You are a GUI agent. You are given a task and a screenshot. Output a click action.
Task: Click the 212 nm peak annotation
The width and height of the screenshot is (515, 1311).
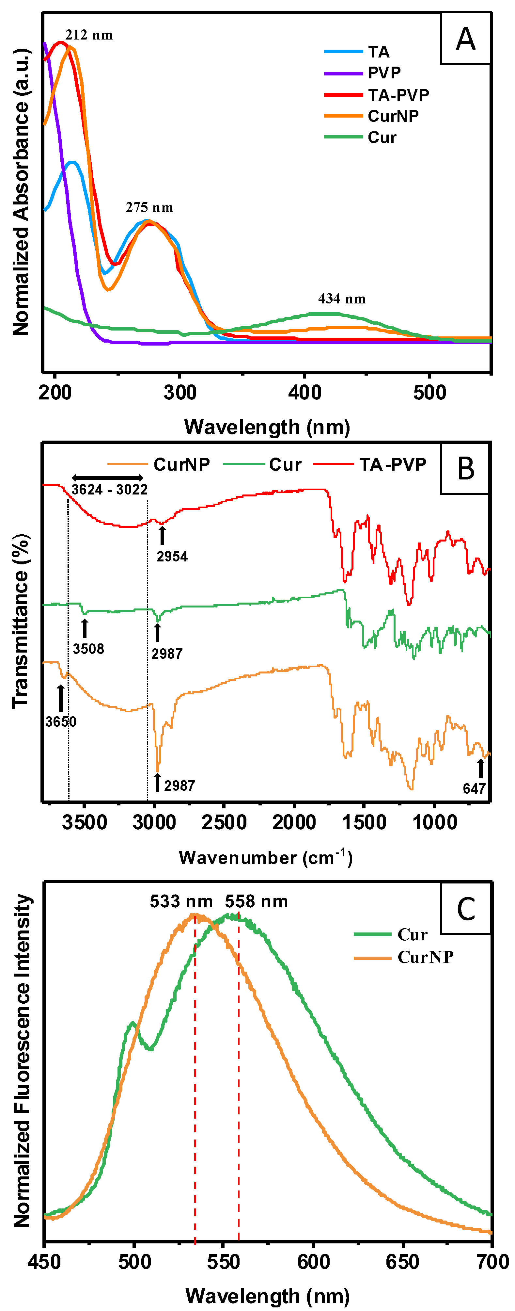89,35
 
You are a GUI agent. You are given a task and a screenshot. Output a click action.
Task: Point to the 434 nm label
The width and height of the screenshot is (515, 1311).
342,299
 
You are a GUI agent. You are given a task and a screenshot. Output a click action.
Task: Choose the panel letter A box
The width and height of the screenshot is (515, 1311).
465,39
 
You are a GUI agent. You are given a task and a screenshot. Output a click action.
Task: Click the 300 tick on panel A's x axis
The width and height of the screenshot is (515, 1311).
179,392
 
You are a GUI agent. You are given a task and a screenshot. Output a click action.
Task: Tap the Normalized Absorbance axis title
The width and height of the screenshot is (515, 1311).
21,192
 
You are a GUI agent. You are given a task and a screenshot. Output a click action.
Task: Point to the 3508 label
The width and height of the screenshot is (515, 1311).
88,649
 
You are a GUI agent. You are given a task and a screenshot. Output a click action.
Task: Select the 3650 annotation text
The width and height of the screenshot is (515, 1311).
60,722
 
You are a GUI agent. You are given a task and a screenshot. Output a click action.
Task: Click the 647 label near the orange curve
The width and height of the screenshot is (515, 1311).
474,788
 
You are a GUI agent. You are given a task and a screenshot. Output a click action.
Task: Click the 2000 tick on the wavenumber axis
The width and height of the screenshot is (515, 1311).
294,822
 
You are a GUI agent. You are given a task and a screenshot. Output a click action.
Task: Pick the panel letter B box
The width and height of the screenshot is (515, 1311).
465,469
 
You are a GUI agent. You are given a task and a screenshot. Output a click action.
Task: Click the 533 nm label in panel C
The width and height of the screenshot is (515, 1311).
181,901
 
